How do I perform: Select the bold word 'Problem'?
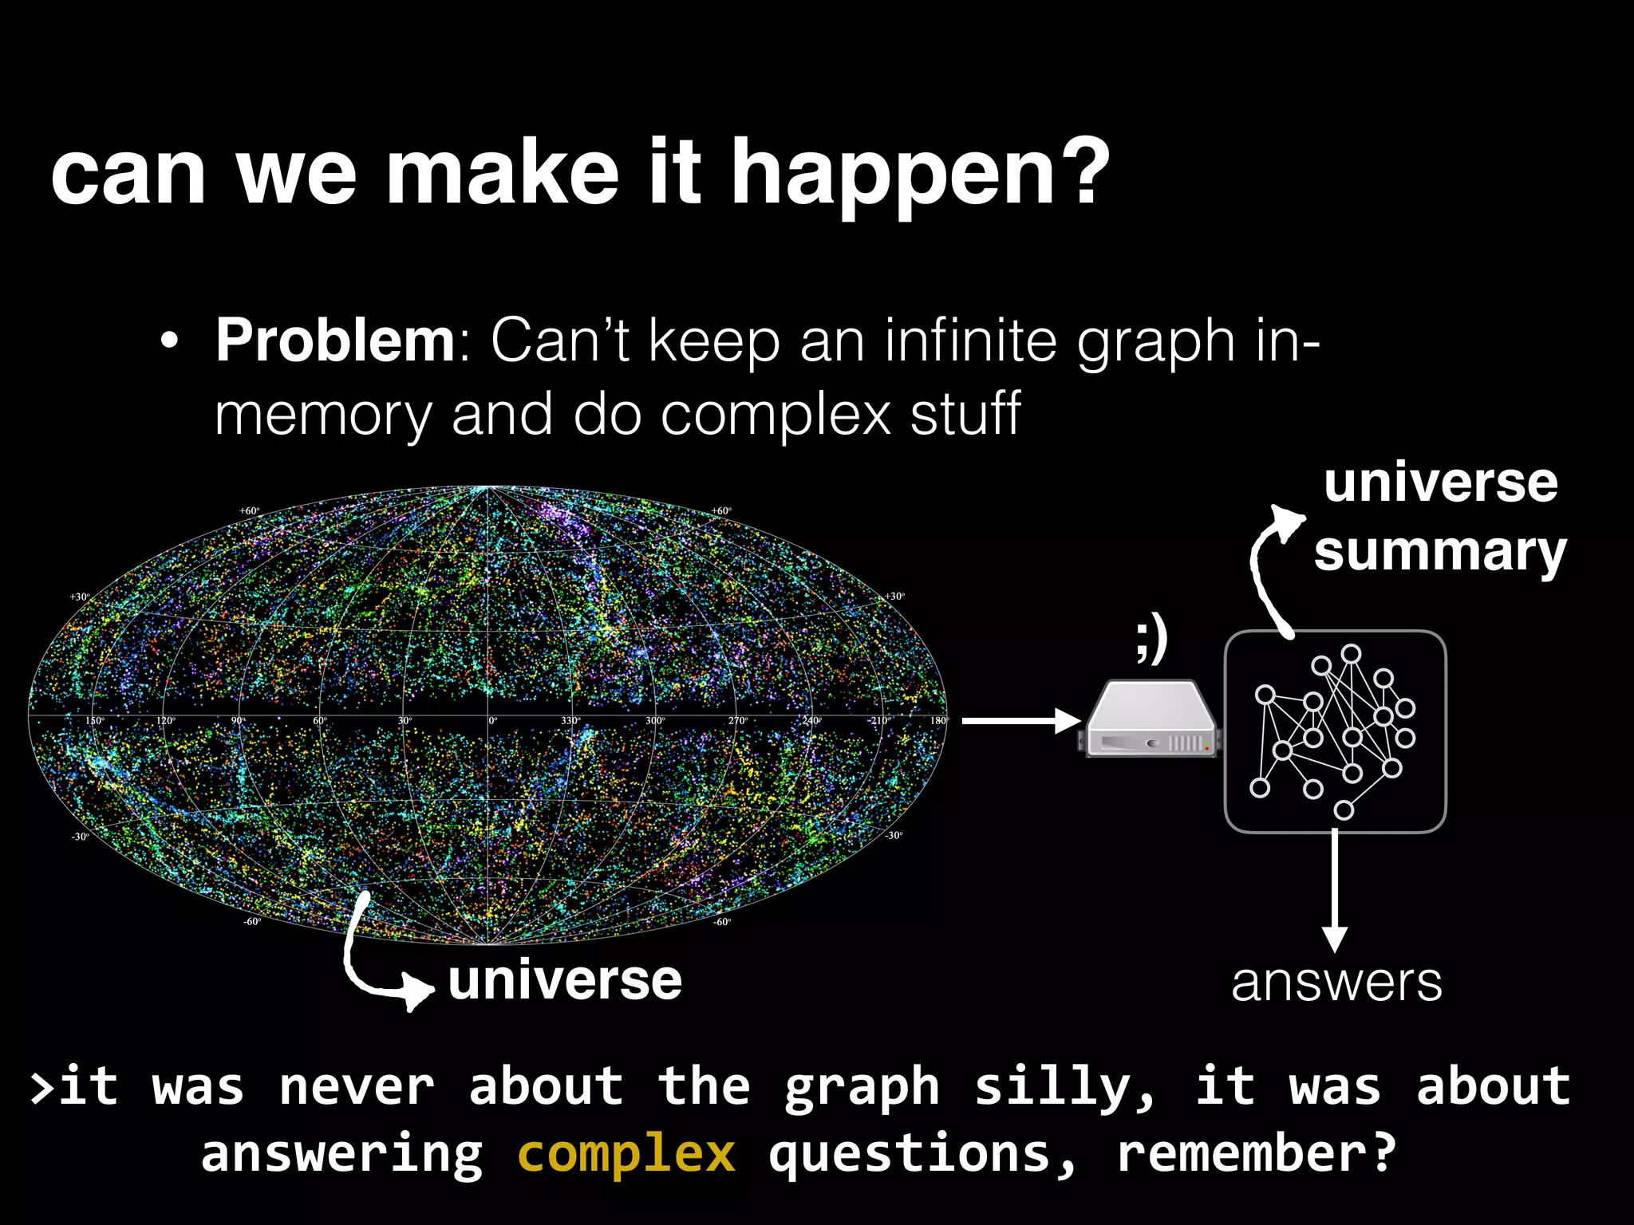tap(335, 341)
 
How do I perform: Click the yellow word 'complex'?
tap(626, 1154)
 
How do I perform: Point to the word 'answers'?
tap(1336, 983)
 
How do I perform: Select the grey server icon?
tap(1151, 719)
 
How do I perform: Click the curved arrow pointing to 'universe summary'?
tap(1269, 566)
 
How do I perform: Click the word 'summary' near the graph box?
tap(1440, 552)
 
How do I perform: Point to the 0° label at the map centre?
tap(493, 721)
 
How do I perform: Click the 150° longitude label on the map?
tap(94, 721)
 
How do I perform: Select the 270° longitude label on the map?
tap(737, 721)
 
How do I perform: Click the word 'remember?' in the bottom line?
tap(1256, 1154)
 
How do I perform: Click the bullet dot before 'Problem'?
tap(169, 342)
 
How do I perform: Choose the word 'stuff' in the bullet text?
tap(965, 415)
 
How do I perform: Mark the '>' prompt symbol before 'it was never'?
tap(41, 1089)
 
